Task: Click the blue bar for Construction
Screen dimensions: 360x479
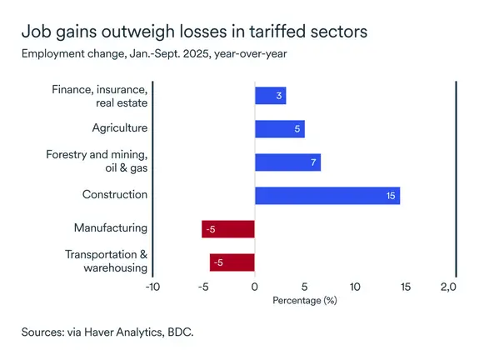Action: pyautogui.click(x=327, y=195)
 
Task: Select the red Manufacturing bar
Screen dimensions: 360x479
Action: pyautogui.click(x=227, y=229)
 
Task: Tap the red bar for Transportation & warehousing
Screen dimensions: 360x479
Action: pyautogui.click(x=232, y=262)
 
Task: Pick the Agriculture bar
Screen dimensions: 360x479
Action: pyautogui.click(x=279, y=128)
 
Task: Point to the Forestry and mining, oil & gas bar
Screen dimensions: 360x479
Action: pyautogui.click(x=287, y=162)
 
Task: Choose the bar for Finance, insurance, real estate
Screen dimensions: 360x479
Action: pyautogui.click(x=270, y=96)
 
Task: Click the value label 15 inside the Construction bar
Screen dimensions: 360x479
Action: pyautogui.click(x=391, y=195)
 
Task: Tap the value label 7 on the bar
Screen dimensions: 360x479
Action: pyautogui.click(x=313, y=162)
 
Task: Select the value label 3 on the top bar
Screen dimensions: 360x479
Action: pyautogui.click(x=279, y=96)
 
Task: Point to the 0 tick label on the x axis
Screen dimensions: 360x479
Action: pyautogui.click(x=254, y=287)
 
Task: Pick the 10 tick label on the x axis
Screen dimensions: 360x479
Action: pyautogui.click(x=355, y=287)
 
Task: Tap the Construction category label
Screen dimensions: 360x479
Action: pyautogui.click(x=115, y=195)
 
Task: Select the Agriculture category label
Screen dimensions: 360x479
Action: pyautogui.click(x=120, y=128)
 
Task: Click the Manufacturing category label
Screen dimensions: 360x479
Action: pyautogui.click(x=111, y=227)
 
